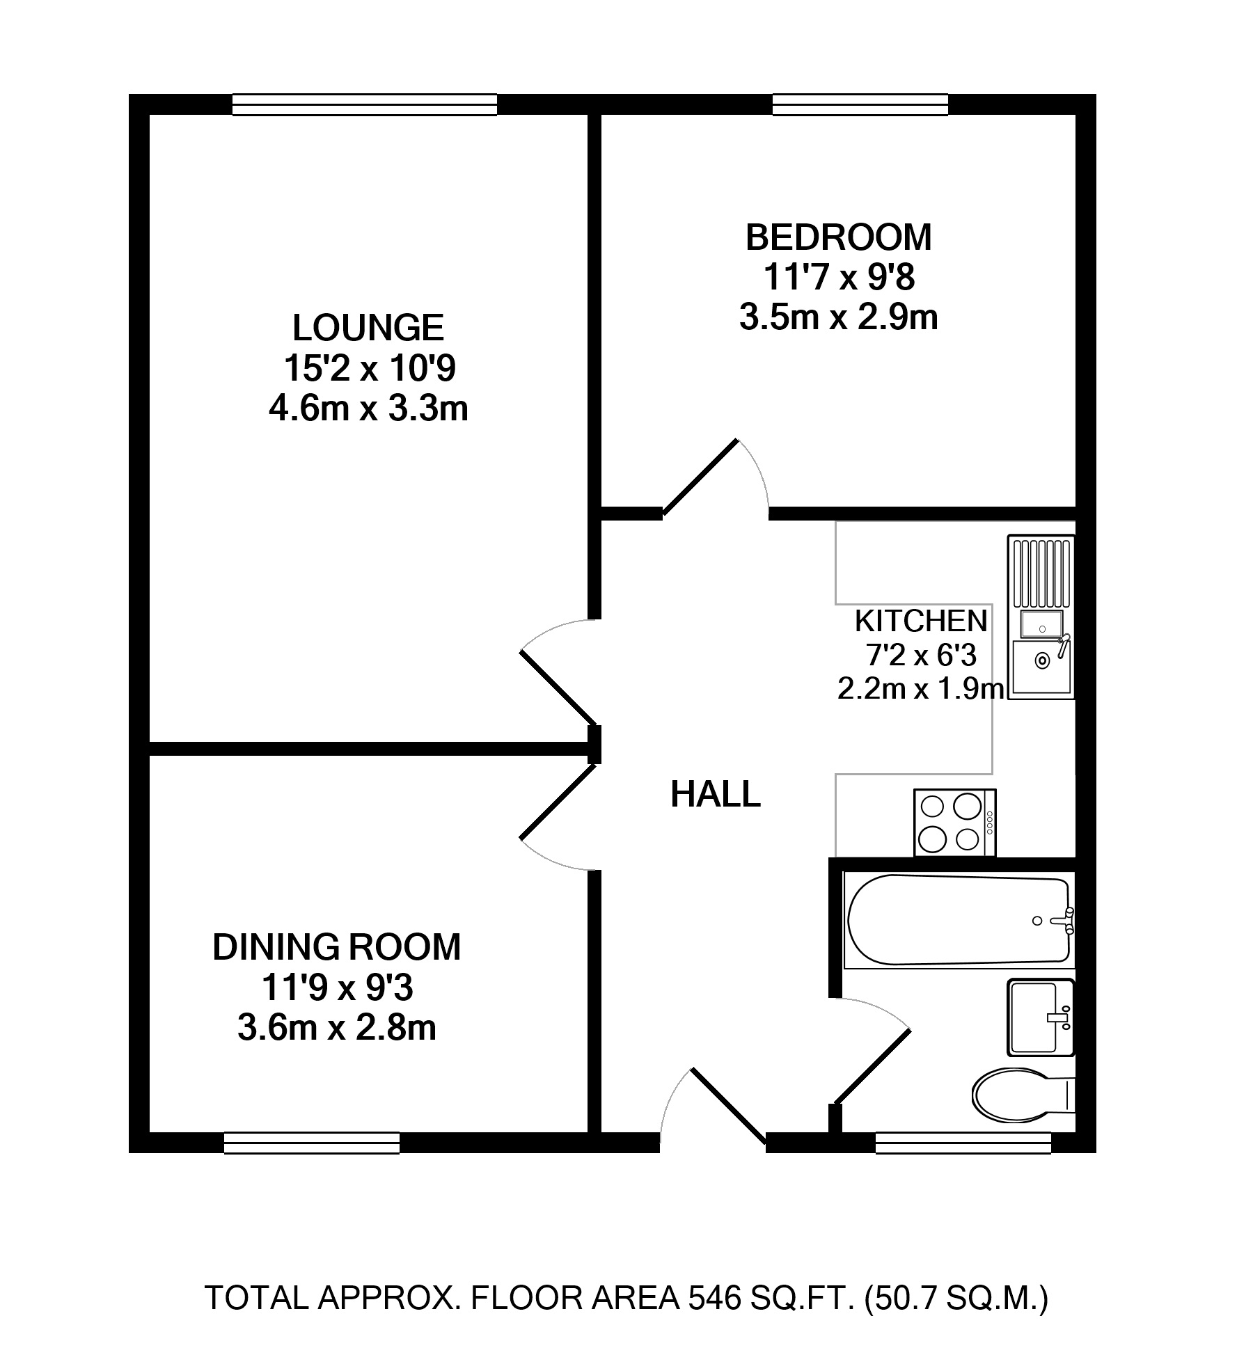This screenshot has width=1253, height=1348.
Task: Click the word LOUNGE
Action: click(368, 328)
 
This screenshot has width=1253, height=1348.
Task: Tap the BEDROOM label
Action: click(839, 237)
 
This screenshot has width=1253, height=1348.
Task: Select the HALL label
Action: click(716, 795)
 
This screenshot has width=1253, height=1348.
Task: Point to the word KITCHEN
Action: click(921, 621)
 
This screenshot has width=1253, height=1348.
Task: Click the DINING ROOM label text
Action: click(337, 947)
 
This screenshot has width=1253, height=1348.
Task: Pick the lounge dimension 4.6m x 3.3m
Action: click(368, 409)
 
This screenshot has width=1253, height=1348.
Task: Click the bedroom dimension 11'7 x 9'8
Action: click(839, 278)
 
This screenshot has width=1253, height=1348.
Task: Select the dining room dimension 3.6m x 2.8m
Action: click(337, 1028)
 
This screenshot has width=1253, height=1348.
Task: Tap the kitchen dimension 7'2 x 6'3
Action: click(921, 655)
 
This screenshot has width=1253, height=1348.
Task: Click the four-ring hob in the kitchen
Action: click(955, 823)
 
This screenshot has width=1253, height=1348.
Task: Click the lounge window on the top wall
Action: click(365, 104)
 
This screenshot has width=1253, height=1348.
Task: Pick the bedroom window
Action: click(860, 104)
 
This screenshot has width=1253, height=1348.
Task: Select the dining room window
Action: click(312, 1143)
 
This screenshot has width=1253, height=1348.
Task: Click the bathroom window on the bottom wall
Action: click(963, 1143)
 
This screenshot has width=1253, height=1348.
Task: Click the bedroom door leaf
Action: click(700, 477)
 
